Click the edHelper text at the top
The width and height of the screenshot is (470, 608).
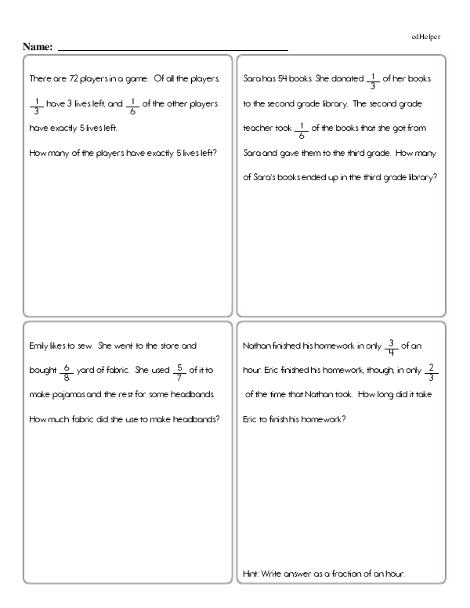[x=426, y=37]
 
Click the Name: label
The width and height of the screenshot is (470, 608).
[x=38, y=47]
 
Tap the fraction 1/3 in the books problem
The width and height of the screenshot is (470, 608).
[x=373, y=80]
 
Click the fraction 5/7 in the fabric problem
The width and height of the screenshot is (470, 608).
[x=179, y=369]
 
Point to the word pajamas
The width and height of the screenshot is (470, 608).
[x=72, y=393]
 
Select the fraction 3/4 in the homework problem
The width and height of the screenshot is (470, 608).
[x=392, y=346]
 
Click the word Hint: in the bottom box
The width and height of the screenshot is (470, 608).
[x=251, y=574]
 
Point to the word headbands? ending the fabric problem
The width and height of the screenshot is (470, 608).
[x=197, y=418]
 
